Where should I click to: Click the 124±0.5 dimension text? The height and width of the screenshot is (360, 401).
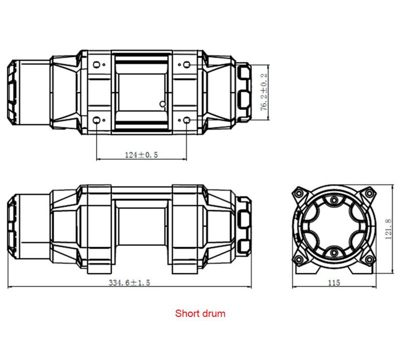coord(141,155)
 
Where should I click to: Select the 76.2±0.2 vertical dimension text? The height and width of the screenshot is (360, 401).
coord(264,93)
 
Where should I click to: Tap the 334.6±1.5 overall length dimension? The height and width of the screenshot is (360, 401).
coord(130,283)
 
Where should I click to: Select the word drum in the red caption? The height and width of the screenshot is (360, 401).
coord(214,314)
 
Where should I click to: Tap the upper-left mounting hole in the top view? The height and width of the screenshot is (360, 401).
coord(97,64)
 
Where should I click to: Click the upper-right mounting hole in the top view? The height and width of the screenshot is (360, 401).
coord(186,64)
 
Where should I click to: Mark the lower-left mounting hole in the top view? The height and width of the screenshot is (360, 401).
coord(97,120)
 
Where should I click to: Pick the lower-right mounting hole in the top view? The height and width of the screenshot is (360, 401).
coord(186,120)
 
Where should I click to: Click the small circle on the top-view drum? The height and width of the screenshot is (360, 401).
coord(162,104)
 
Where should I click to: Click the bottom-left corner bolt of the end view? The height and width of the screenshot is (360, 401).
coord(299,259)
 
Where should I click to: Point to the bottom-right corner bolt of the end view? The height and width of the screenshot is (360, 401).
coord(369,259)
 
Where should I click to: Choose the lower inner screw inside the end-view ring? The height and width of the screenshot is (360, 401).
coord(334,251)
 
